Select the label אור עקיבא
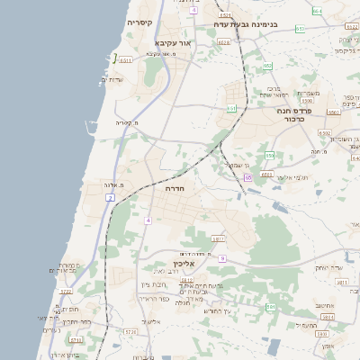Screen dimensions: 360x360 (x=174, y=42)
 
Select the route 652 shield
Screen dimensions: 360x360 (x=267, y=66)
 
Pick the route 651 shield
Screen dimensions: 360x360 (x=231, y=108)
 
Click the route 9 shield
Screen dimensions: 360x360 (x=221, y=257)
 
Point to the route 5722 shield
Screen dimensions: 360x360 (x=65, y=292)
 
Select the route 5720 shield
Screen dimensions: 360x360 (x=130, y=332)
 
